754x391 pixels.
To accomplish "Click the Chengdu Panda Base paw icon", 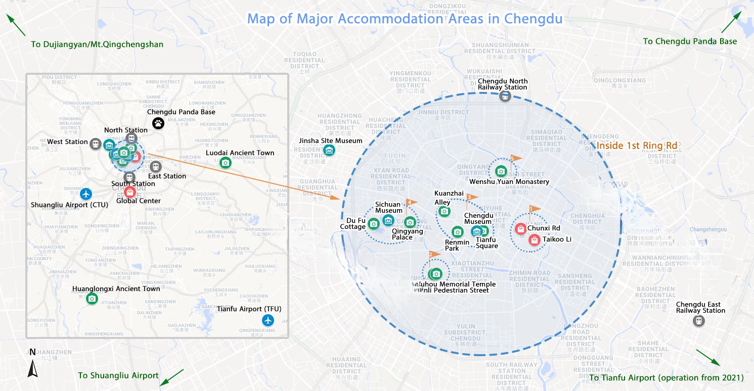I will [x=159, y=123].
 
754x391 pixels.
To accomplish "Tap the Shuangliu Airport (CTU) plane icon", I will [x=86, y=193].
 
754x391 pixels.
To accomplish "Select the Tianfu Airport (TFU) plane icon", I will [x=268, y=320].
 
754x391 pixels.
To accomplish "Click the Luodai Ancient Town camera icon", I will [x=226, y=163].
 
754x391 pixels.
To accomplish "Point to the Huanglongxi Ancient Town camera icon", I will [x=92, y=299].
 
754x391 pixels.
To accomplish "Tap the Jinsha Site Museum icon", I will [x=329, y=150].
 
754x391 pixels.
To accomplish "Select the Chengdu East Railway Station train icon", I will [x=698, y=321].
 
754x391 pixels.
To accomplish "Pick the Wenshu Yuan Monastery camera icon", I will [x=501, y=172].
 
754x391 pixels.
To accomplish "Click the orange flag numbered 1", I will [x=534, y=209].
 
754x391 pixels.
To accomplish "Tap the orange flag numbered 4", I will [x=411, y=203].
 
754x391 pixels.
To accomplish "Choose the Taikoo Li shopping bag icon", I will [x=535, y=240].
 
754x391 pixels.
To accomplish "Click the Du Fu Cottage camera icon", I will [x=373, y=224].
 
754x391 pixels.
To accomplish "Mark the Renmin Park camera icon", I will [x=457, y=232].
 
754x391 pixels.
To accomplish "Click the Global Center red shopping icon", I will [x=129, y=192].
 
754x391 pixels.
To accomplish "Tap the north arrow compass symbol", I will [x=32, y=365].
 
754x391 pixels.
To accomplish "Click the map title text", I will [x=405, y=19].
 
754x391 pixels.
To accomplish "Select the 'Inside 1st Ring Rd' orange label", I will [x=637, y=146].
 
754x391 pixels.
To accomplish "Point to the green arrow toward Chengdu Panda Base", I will [x=730, y=22].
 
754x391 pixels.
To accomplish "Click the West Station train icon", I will [x=95, y=144].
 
